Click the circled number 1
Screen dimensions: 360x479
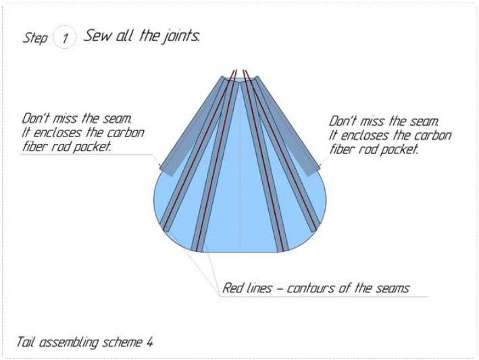[x=66, y=38]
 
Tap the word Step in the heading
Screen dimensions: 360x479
[x=35, y=38]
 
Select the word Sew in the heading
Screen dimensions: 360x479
[x=96, y=36]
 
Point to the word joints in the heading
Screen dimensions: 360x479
[x=179, y=36]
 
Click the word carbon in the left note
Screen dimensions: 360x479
[x=126, y=132]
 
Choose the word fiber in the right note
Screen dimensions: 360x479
[x=343, y=149]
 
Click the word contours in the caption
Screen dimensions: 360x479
[x=309, y=288]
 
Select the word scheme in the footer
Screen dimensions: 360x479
[x=122, y=342]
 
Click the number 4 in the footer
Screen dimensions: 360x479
[x=149, y=342]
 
